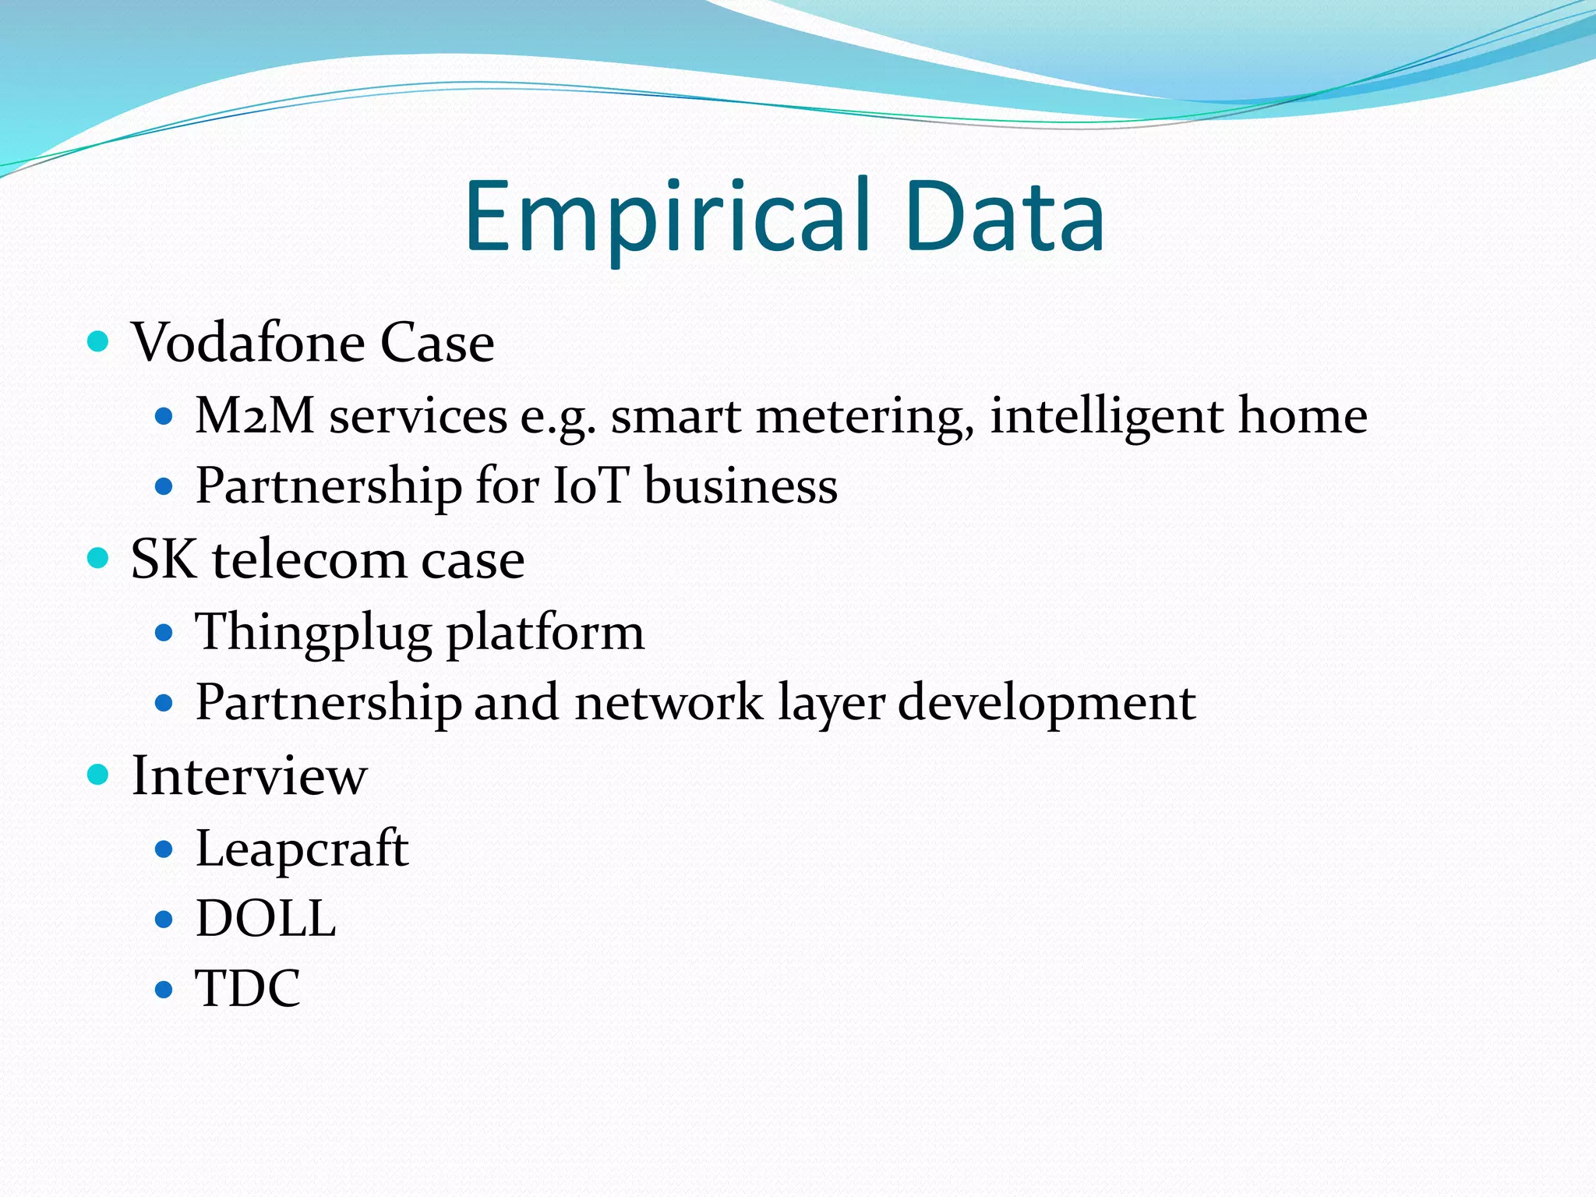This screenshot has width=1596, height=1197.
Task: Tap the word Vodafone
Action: click(247, 342)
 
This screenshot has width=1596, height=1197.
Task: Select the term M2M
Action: click(255, 415)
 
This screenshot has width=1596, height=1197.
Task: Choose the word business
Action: click(741, 486)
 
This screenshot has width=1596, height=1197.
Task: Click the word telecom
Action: click(309, 560)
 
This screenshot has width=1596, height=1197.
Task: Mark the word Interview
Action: click(249, 776)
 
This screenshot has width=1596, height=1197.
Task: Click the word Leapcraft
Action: click(302, 848)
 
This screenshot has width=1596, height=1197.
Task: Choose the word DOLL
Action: click(266, 919)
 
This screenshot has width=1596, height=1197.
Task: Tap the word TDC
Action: click(248, 989)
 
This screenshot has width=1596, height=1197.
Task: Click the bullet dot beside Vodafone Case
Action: click(97, 341)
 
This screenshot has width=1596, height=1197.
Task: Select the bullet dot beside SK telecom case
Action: click(97, 558)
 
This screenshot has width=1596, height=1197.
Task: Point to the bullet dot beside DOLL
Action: click(164, 920)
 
